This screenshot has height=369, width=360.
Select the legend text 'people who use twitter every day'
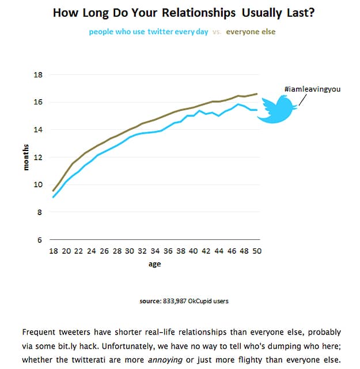[149, 32]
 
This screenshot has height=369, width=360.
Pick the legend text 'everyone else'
[251, 32]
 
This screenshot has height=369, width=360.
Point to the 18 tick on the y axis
[39, 75]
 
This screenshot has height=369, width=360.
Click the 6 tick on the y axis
[41, 240]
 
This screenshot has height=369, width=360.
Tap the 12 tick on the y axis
[39, 157]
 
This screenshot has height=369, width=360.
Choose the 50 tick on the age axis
[256, 251]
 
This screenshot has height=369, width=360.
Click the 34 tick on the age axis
[155, 251]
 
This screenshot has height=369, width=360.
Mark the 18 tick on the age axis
[54, 251]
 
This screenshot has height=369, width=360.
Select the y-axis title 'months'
[25, 157]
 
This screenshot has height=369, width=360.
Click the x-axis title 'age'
[155, 264]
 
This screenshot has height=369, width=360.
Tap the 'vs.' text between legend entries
[217, 32]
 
